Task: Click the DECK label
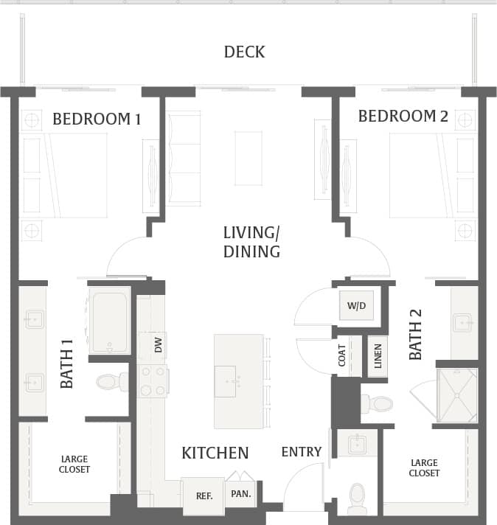[244, 52]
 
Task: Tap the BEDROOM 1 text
[97, 119]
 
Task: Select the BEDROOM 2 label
[403, 117]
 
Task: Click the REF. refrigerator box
[204, 496]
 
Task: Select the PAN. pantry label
[240, 493]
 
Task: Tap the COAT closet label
[342, 356]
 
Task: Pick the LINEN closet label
[378, 356]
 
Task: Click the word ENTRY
[302, 452]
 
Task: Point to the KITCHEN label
[215, 453]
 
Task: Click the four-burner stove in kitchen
[153, 380]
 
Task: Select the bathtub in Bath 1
[109, 321]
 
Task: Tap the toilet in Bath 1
[112, 382]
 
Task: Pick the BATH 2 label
[416, 335]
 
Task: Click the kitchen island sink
[231, 380]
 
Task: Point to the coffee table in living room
[248, 158]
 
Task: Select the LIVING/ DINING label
[251, 243]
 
